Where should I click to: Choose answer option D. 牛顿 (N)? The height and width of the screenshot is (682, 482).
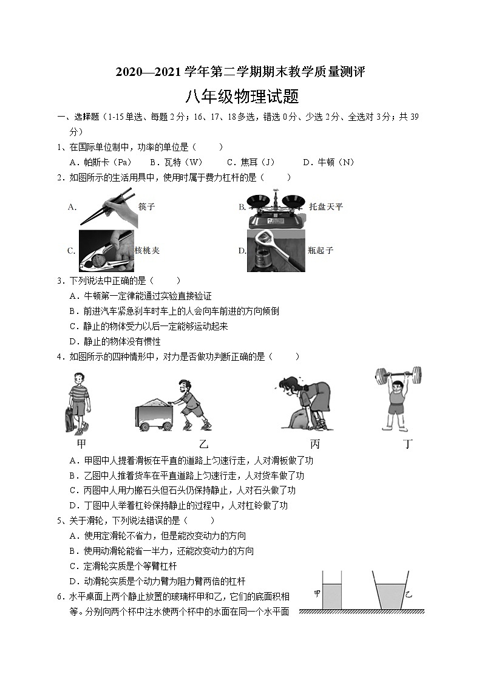[328, 162]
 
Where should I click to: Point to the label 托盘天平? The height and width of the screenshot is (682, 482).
[326, 206]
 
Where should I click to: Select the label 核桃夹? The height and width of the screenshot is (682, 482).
[147, 250]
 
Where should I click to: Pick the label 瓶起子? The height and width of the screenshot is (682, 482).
[321, 250]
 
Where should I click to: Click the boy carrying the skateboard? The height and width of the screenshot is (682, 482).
[78, 401]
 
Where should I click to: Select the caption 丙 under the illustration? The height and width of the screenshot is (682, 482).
[314, 444]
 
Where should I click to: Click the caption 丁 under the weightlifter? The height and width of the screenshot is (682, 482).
[408, 444]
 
